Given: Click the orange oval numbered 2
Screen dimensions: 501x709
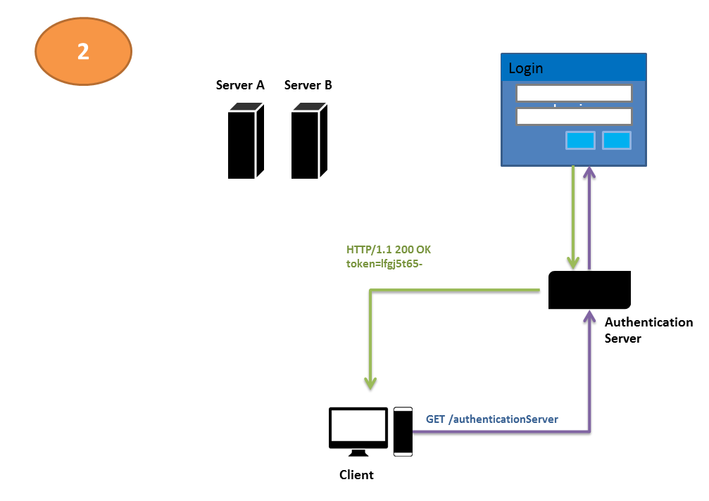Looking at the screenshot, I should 84,51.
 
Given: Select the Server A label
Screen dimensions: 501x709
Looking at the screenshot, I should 240,86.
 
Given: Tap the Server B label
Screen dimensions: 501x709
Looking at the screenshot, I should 308,86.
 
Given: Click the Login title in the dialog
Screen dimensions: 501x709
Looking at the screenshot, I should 526,68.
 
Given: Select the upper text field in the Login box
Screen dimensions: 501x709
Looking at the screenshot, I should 574,94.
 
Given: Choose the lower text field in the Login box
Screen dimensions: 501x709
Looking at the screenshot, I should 574,117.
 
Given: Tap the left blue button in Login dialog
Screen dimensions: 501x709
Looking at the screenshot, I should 581,141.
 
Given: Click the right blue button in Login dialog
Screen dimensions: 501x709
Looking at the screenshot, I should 617,141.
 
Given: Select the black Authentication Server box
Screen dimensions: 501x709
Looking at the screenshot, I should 590,290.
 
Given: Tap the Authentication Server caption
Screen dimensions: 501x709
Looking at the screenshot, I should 648,330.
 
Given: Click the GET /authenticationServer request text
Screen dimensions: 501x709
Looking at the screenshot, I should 492,419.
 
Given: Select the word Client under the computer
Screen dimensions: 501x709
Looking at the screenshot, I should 356,475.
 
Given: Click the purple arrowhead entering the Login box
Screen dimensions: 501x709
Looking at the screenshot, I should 590,173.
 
